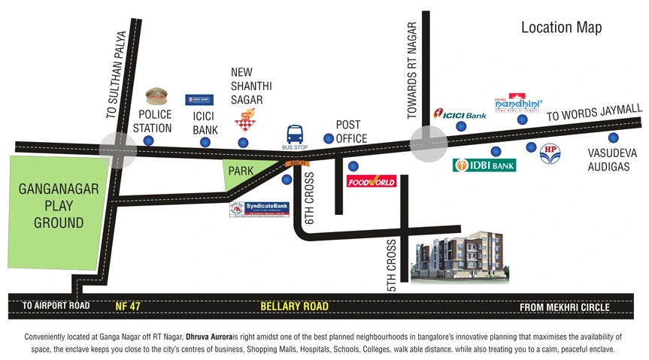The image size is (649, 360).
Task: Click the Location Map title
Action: [x=561, y=28]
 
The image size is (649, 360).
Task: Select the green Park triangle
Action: [x=241, y=174]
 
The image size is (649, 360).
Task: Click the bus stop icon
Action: [x=296, y=135]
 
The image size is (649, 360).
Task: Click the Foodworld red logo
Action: [x=371, y=181]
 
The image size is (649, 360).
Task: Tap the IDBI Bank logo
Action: [x=484, y=165]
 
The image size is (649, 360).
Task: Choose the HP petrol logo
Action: [x=550, y=155]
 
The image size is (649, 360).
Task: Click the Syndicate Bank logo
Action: [x=259, y=209]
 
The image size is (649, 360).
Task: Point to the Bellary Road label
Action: [x=294, y=307]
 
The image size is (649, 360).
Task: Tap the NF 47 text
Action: [x=132, y=307]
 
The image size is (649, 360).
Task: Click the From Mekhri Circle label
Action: [x=565, y=307]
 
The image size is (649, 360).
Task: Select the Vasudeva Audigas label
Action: [x=611, y=160]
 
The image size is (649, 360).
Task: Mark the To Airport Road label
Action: [x=56, y=306]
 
